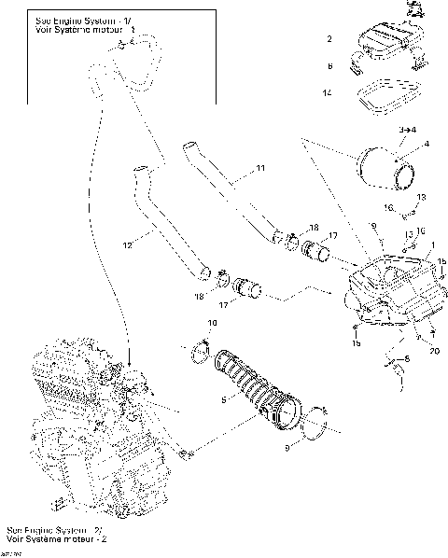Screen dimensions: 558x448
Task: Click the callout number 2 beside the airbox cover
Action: coord(329,39)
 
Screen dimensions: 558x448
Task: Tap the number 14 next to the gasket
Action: coord(328,93)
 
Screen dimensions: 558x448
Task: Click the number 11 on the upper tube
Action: coord(261,168)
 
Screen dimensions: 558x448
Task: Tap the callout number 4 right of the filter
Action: coord(426,145)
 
